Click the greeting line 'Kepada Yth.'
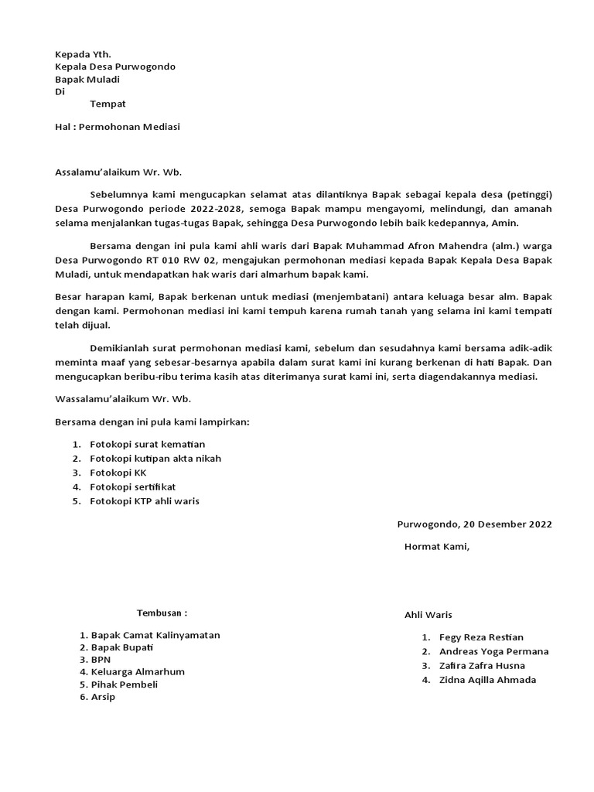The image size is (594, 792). pyautogui.click(x=83, y=54)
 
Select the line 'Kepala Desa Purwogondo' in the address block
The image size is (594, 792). pyautogui.click(x=115, y=67)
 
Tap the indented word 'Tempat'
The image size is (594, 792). pyautogui.click(x=108, y=104)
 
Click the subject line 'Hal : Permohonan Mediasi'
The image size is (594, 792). pyautogui.click(x=117, y=126)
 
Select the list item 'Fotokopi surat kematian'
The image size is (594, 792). pyautogui.click(x=148, y=445)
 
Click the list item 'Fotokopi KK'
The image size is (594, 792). pyautogui.click(x=118, y=473)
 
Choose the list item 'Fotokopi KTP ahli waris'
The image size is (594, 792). pyautogui.click(x=145, y=501)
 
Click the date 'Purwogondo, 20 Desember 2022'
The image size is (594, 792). pyautogui.click(x=474, y=524)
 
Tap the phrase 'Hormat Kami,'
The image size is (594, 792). pyautogui.click(x=437, y=547)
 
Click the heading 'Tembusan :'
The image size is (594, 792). pyautogui.click(x=162, y=613)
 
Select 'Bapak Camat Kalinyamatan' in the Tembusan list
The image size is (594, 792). pyautogui.click(x=155, y=635)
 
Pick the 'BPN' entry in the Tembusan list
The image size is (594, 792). pyautogui.click(x=101, y=660)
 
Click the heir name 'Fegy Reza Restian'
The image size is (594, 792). pyautogui.click(x=481, y=637)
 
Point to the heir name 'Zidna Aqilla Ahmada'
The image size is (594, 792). pyautogui.click(x=487, y=680)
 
